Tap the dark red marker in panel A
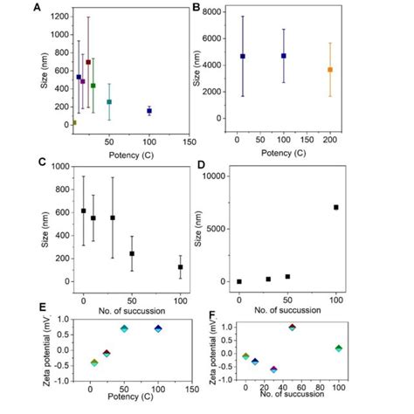(88, 63)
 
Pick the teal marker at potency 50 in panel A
(109, 101)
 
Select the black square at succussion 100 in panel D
(335, 207)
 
